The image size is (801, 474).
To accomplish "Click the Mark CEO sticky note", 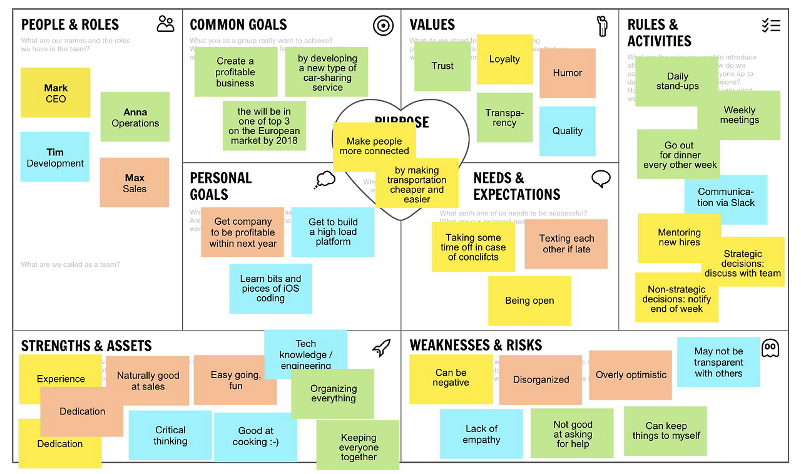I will tap(56, 93).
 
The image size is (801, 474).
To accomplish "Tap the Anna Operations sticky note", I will tap(135, 117).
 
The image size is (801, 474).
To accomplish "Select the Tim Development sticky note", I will tap(55, 157).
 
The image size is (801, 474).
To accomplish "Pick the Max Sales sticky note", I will tap(135, 182).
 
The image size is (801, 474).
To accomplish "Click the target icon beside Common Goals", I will tap(383, 26).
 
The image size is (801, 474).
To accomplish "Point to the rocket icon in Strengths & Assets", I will tap(381, 348).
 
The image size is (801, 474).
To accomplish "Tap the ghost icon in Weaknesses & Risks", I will tap(770, 348).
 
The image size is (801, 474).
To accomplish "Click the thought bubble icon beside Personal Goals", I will tap(325, 180).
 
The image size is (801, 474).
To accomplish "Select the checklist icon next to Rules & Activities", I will tap(771, 26).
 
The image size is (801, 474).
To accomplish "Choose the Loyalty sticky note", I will tap(504, 59).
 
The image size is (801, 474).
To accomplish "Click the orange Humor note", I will tap(568, 73).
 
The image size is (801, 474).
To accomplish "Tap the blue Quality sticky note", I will tap(568, 131).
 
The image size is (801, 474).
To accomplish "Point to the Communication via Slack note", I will tap(726, 198).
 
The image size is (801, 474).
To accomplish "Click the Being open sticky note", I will tap(529, 301).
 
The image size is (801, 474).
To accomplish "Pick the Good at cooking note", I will tap(255, 436).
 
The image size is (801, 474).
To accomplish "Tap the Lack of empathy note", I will tap(481, 434).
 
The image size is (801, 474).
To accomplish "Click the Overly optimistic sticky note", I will tap(631, 375).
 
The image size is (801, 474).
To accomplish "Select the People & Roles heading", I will tap(70, 25).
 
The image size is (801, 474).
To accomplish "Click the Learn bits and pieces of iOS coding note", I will tap(270, 289).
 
